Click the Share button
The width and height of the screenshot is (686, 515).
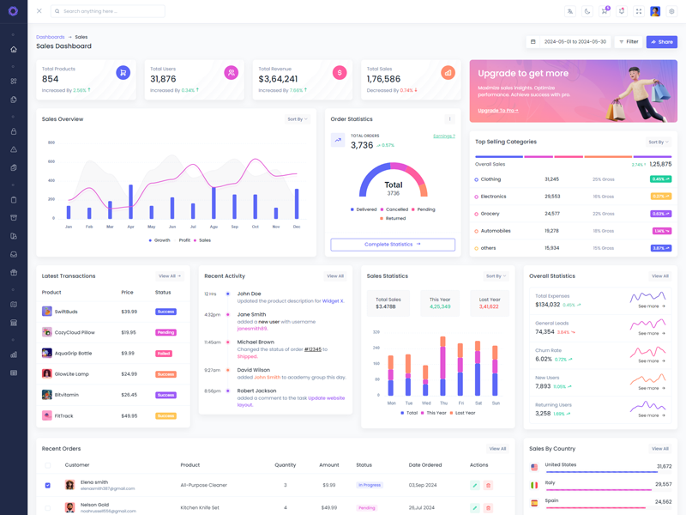point(661,41)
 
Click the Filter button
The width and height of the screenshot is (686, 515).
point(629,41)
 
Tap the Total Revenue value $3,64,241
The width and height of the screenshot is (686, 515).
point(279,79)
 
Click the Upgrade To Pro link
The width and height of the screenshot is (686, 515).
point(497,111)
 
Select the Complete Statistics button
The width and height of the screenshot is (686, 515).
point(393,245)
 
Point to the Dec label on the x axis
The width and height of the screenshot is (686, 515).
point(297,227)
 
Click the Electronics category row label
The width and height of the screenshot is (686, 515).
point(493,197)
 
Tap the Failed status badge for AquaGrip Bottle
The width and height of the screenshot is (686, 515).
point(163,354)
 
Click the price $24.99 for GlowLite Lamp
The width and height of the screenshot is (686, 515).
point(129,374)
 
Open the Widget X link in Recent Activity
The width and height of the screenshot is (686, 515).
point(333,301)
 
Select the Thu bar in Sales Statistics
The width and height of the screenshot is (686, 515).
point(443,365)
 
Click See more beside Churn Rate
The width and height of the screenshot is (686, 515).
point(652,360)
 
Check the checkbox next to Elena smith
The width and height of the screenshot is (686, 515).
point(47,485)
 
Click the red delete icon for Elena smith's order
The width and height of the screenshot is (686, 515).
point(488,485)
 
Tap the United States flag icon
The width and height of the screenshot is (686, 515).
point(534,467)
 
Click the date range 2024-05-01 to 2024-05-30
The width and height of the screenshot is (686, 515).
point(575,41)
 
